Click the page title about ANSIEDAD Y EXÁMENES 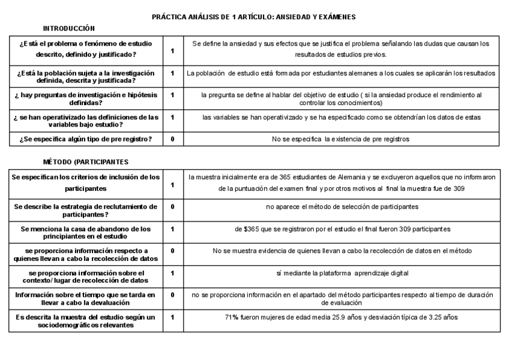click(254, 17)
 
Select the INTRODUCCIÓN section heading click(69, 28)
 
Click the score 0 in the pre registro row click(173, 139)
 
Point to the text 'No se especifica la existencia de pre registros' click(340, 139)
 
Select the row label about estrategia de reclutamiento click(86, 210)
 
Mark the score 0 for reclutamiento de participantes click(173, 206)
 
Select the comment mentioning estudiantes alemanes click(340, 73)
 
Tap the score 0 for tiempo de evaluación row click(173, 295)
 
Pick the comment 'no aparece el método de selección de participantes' click(342, 206)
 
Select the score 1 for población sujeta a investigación click(173, 73)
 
